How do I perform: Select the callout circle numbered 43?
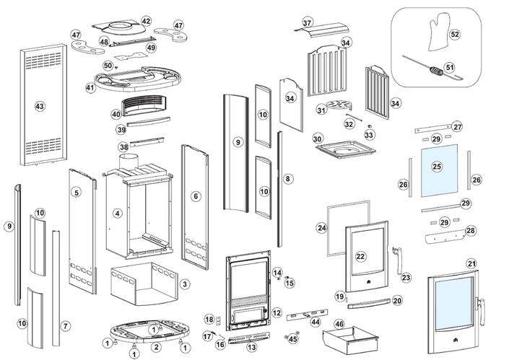point(40,106)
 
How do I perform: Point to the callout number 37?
point(308,23)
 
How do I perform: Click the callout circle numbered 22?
point(361,256)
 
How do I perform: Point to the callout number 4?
point(117,214)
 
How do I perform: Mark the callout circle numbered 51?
point(450,67)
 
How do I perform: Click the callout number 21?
point(471,263)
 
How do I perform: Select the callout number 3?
point(185,284)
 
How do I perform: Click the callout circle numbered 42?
point(147,22)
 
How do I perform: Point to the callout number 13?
point(251,348)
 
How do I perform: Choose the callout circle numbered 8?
point(287,178)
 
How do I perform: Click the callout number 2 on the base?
point(156,347)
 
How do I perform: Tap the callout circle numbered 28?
point(471,230)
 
